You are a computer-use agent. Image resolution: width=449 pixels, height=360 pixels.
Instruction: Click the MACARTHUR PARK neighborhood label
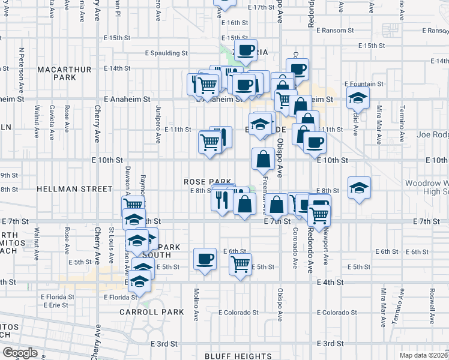pyautogui.click(x=64, y=73)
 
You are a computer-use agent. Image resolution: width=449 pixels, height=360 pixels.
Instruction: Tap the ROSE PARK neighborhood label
pyautogui.click(x=204, y=181)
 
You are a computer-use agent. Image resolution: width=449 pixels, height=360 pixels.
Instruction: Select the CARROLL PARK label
pyautogui.click(x=142, y=312)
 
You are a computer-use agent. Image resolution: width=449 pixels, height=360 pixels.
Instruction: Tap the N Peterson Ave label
pyautogui.click(x=22, y=65)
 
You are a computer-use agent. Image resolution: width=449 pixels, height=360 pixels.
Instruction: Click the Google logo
pyautogui.click(x=20, y=352)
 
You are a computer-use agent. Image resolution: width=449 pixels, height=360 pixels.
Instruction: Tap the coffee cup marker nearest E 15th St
pyautogui.click(x=245, y=50)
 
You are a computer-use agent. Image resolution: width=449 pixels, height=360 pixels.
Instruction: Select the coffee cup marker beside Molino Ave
pyautogui.click(x=205, y=259)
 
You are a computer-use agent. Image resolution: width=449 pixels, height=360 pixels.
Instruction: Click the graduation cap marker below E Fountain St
pyautogui.click(x=358, y=98)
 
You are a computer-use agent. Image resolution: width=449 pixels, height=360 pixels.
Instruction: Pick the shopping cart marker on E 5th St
pyautogui.click(x=240, y=263)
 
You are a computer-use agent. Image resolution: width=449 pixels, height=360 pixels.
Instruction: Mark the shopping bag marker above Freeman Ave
pyautogui.click(x=263, y=159)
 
